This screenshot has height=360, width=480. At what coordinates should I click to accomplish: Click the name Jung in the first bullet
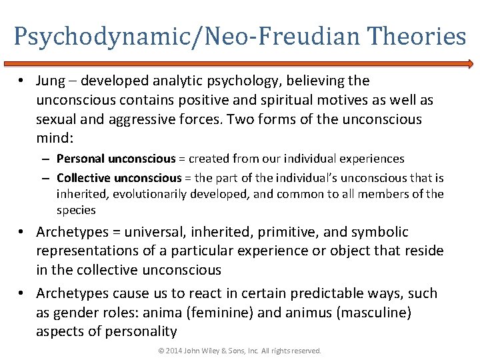pos(51,81)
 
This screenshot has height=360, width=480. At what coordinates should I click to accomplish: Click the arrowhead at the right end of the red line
pos(470,64)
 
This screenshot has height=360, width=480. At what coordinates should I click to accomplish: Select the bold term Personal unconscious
pos(116,159)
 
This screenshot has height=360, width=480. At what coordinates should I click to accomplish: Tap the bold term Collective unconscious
pos(119,178)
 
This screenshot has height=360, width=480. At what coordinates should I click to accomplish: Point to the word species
pos(76,210)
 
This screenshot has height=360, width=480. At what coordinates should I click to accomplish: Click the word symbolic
pos(379,233)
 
